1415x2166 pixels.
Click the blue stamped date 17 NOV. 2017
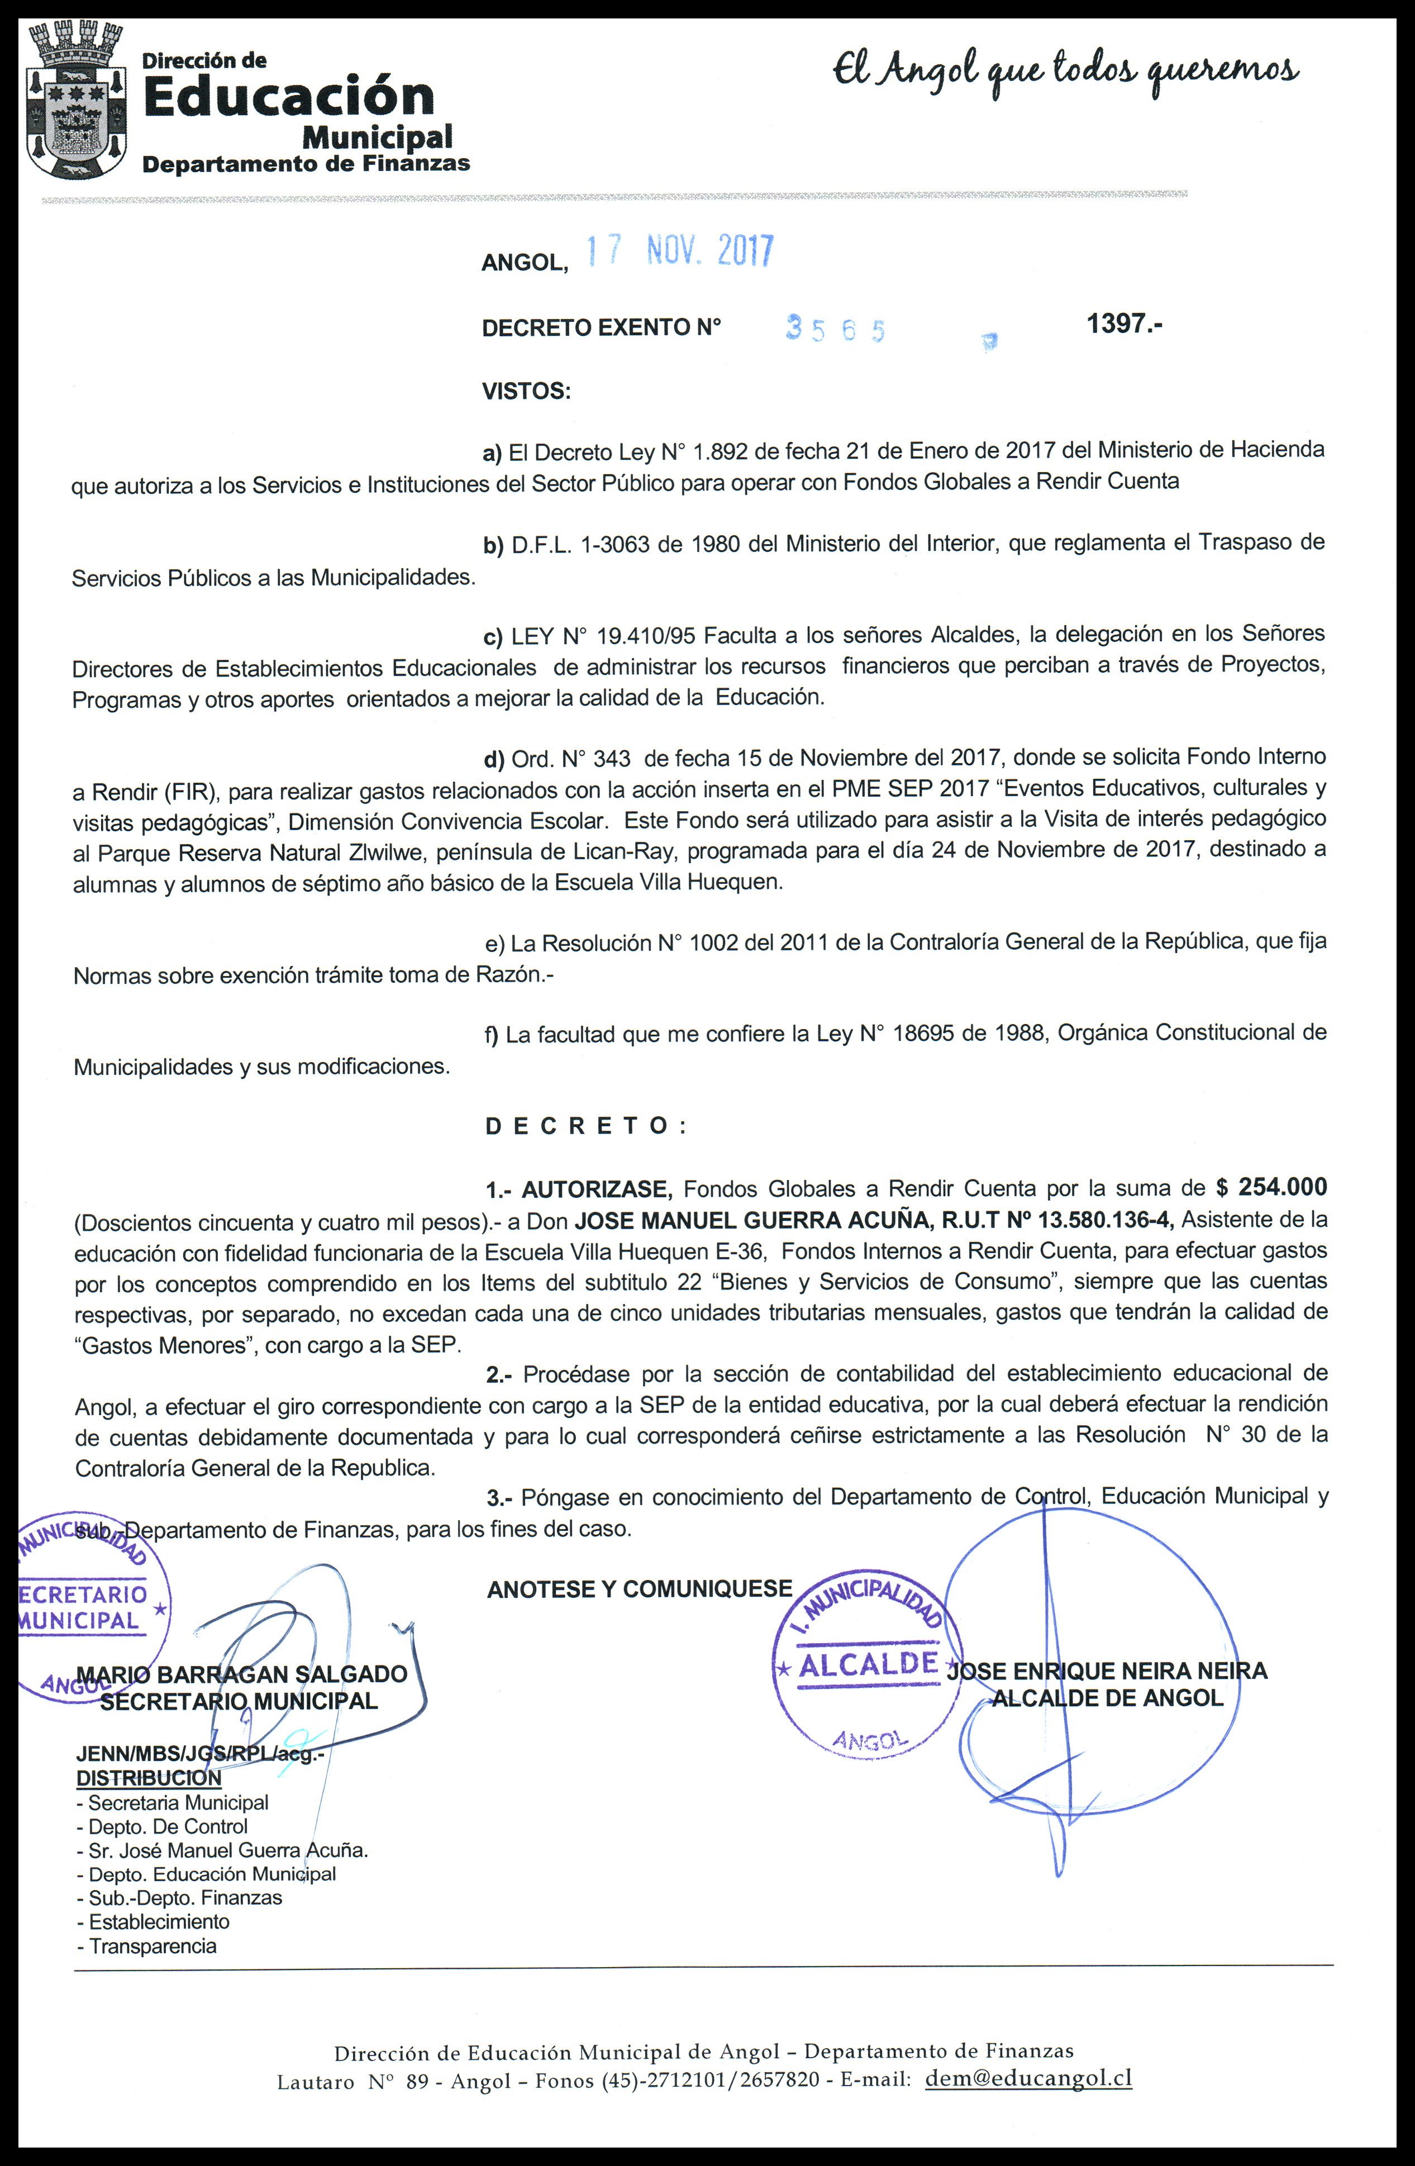coord(678,251)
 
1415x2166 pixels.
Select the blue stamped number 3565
coord(835,330)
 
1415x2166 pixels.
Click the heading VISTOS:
coord(526,392)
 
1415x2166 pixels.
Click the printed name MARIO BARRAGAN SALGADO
coord(242,1674)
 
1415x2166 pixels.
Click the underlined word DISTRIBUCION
coord(149,1777)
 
